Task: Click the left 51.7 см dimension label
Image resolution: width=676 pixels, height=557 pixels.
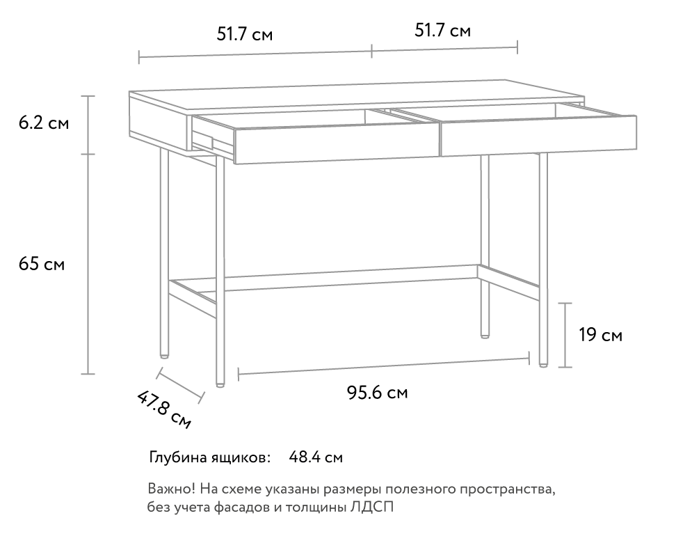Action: pyautogui.click(x=244, y=34)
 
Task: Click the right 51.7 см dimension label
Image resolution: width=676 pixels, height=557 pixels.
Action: pyautogui.click(x=443, y=31)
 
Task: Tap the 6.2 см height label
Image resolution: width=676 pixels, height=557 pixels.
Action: pyautogui.click(x=44, y=123)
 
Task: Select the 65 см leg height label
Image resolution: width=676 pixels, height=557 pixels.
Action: pyautogui.click(x=42, y=264)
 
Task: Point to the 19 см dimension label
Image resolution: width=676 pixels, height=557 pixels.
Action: pyautogui.click(x=601, y=335)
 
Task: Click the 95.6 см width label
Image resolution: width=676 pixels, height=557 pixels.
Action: pyautogui.click(x=377, y=393)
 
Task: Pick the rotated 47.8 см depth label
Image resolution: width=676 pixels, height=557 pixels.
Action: pyautogui.click(x=164, y=409)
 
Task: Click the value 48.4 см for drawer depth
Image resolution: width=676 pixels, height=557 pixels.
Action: pyautogui.click(x=316, y=457)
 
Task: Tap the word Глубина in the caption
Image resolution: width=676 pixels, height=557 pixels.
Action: pyautogui.click(x=178, y=457)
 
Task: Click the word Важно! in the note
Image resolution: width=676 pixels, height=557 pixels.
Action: pyautogui.click(x=172, y=489)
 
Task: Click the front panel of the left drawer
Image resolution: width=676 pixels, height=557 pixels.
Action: pyautogui.click(x=337, y=145)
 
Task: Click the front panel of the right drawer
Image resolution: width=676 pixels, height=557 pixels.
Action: pyautogui.click(x=538, y=135)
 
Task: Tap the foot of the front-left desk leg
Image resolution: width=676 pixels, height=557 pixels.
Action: pyautogui.click(x=220, y=384)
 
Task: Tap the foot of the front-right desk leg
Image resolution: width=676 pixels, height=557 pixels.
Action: pyautogui.click(x=543, y=364)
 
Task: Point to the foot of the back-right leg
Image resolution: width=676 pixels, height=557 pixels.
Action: pyautogui.click(x=485, y=335)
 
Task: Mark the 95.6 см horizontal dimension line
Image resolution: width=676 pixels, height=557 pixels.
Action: pyautogui.click(x=384, y=366)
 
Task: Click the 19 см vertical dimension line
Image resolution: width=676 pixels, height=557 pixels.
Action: pyautogui.click(x=565, y=335)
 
